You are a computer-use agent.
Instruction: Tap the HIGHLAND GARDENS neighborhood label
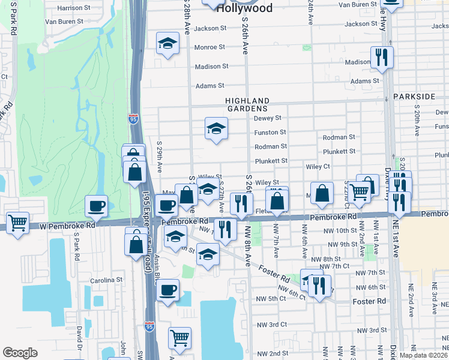247,104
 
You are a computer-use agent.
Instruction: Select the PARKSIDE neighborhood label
414,97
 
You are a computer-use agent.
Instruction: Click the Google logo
20,353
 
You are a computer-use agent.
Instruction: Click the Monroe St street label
209,47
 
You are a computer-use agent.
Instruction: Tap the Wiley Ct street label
318,166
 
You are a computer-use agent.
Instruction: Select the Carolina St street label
107,280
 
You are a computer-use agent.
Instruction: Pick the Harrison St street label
73,8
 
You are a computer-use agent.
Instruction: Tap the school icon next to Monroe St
168,43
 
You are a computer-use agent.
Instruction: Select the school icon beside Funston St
216,128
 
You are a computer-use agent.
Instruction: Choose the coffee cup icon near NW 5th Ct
168,290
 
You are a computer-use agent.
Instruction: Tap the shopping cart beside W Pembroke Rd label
18,223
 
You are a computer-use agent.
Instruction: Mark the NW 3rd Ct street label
270,325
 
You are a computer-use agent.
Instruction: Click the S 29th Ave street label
160,155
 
